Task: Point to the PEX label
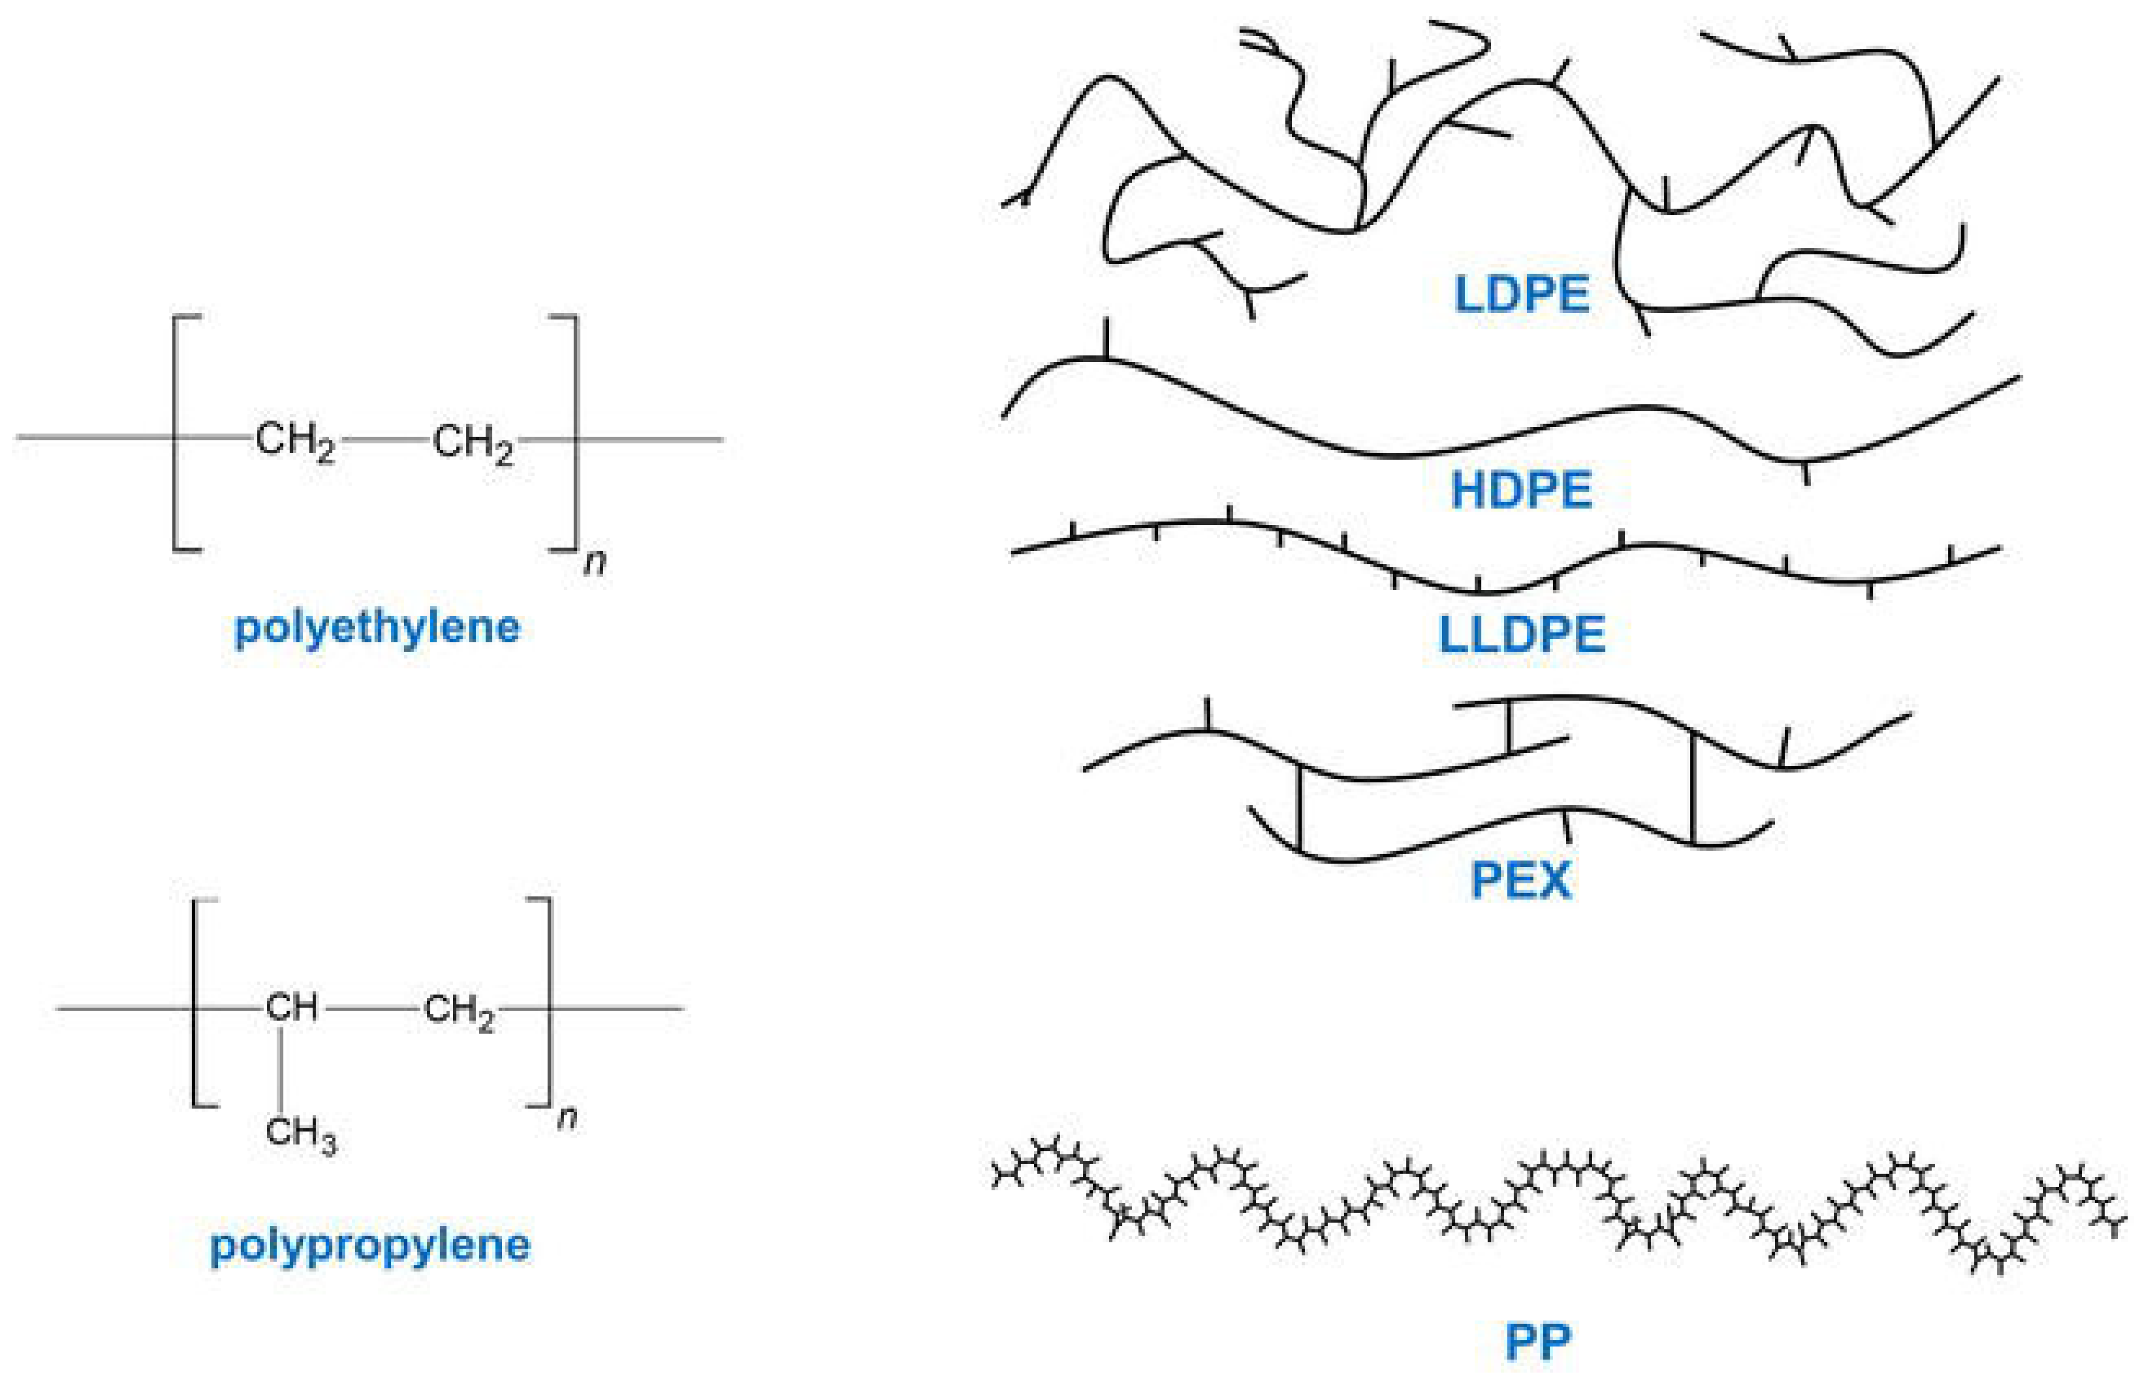pyautogui.click(x=1521, y=881)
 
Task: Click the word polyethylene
pyautogui.click(x=376, y=627)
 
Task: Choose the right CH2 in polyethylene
pyautogui.click(x=472, y=442)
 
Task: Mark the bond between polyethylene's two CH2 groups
pyautogui.click(x=385, y=440)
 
